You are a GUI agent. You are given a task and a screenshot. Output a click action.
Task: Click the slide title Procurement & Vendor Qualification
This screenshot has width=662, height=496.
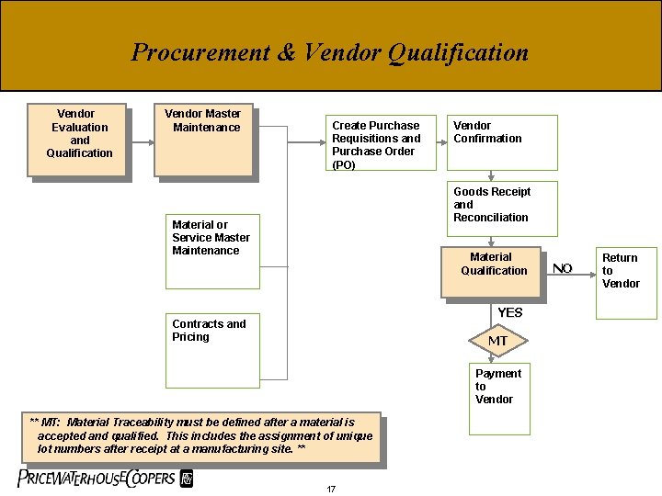[330, 52]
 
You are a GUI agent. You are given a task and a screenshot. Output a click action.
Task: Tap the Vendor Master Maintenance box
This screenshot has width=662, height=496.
[203, 141]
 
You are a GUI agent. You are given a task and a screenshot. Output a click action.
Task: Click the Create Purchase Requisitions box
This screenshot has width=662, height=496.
[381, 142]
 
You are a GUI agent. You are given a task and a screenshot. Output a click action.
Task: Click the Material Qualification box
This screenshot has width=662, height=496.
[494, 272]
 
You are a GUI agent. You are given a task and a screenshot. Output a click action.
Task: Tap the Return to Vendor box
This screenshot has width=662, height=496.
[625, 282]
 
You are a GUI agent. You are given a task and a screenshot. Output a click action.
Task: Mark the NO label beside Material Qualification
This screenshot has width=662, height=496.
[563, 268]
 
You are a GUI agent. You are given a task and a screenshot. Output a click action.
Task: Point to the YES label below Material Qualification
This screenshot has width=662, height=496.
[509, 312]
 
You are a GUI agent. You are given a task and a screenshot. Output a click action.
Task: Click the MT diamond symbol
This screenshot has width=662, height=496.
[497, 341]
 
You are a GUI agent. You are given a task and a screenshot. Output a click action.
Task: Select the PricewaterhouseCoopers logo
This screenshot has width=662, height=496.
[106, 478]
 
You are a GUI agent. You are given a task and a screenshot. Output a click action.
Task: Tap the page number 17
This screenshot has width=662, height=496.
[331, 488]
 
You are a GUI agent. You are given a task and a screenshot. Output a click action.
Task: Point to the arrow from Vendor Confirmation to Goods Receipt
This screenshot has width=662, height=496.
[492, 177]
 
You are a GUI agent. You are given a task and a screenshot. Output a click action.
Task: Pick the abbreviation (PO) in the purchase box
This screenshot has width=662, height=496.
[344, 164]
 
